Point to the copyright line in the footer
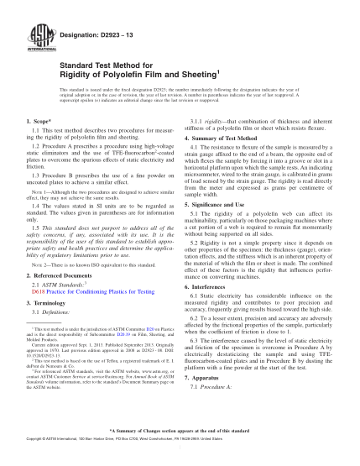180,460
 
